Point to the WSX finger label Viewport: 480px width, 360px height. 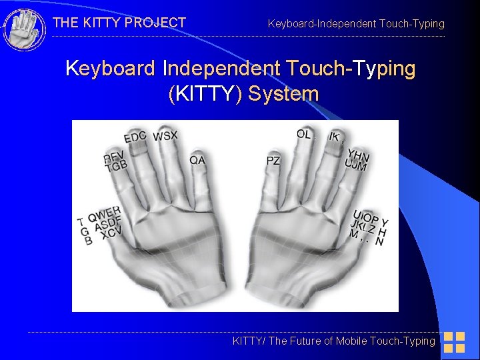tap(165, 136)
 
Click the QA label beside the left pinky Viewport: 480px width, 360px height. tap(197, 160)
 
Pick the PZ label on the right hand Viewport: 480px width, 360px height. tap(273, 161)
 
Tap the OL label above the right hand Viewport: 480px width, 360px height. tap(304, 134)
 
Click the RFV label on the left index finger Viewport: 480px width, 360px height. tap(114, 157)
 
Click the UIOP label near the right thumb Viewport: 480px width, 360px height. tap(367, 218)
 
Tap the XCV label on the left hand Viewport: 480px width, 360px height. tap(111, 233)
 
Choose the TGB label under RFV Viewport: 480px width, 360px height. tap(116, 166)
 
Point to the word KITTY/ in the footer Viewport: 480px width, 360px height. tap(247, 341)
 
